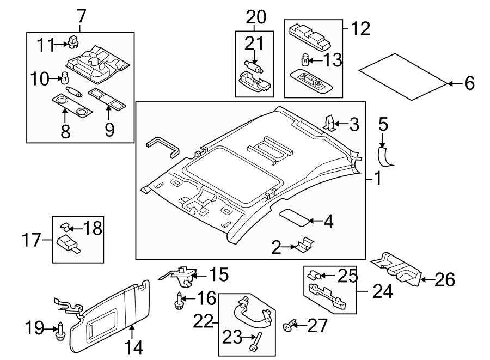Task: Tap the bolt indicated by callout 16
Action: point(179,300)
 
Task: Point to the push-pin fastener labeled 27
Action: point(287,326)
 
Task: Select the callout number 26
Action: point(444,280)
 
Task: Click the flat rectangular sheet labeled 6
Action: point(403,76)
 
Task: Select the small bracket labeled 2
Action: point(303,245)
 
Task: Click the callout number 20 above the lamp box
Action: point(255,17)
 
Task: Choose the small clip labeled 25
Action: point(315,276)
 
